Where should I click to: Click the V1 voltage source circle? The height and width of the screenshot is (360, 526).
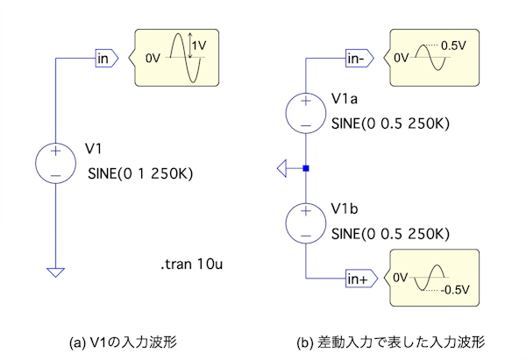point(55,163)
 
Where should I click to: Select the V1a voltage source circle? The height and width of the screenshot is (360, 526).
point(305,112)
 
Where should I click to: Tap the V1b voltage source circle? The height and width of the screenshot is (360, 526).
point(305,222)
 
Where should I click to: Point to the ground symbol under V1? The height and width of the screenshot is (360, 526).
point(55,272)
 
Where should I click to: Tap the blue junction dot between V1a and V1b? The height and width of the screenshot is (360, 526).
point(305,167)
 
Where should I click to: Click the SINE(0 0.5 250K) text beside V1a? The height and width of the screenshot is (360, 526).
point(390,124)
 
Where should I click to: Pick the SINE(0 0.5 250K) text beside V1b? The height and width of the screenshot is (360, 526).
point(390,234)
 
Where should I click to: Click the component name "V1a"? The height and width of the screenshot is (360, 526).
point(346,99)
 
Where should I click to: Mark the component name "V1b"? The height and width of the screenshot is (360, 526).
point(346,209)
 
